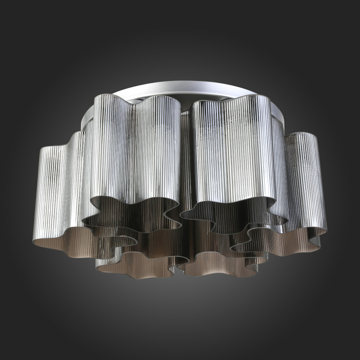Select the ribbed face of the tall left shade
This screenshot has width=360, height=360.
click(x=135, y=148)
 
